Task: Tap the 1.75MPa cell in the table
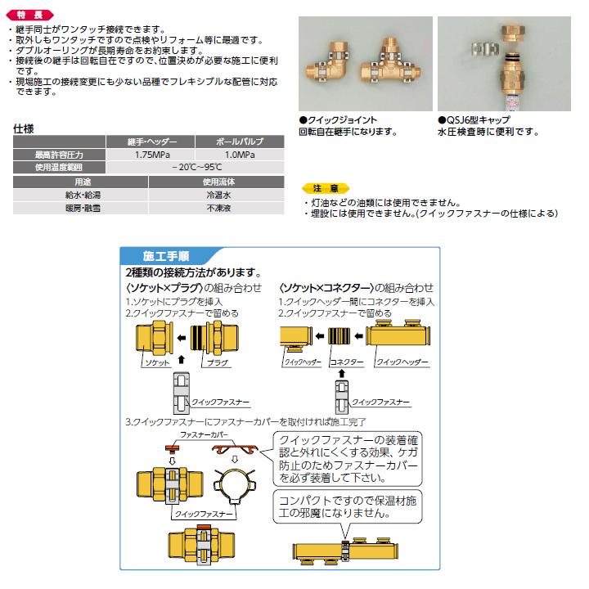[x=151, y=155]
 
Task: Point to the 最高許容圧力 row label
[x=58, y=155]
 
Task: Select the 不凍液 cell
[x=218, y=209]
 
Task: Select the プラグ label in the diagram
[x=216, y=361]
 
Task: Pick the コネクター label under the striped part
[x=344, y=361]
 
